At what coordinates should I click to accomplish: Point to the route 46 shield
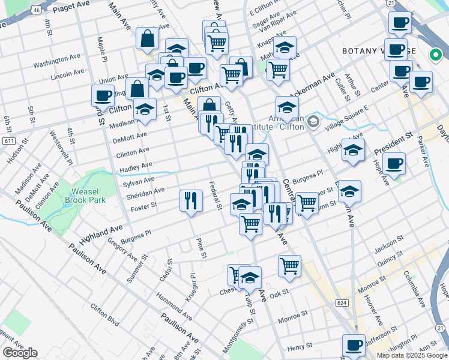pyautogui.click(x=37, y=10)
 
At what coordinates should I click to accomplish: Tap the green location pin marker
pyautogui.click(x=436, y=56)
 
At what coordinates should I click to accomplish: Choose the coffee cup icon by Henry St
pyautogui.click(x=354, y=345)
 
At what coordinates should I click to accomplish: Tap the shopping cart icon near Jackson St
pyautogui.click(x=289, y=265)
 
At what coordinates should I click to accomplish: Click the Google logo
pyautogui.click(x=20, y=353)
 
